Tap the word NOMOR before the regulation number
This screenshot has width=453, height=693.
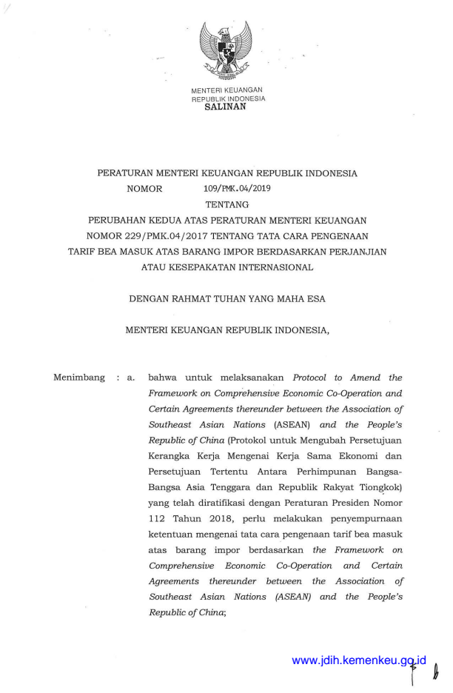(144, 189)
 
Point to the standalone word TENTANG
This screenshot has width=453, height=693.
(226, 204)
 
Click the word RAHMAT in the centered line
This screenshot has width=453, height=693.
(192, 299)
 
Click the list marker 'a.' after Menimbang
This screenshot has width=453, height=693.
(131, 378)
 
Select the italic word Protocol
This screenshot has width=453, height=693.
(315, 378)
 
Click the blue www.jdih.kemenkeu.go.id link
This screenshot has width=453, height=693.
(360, 660)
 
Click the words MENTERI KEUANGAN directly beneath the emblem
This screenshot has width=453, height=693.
(227, 90)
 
